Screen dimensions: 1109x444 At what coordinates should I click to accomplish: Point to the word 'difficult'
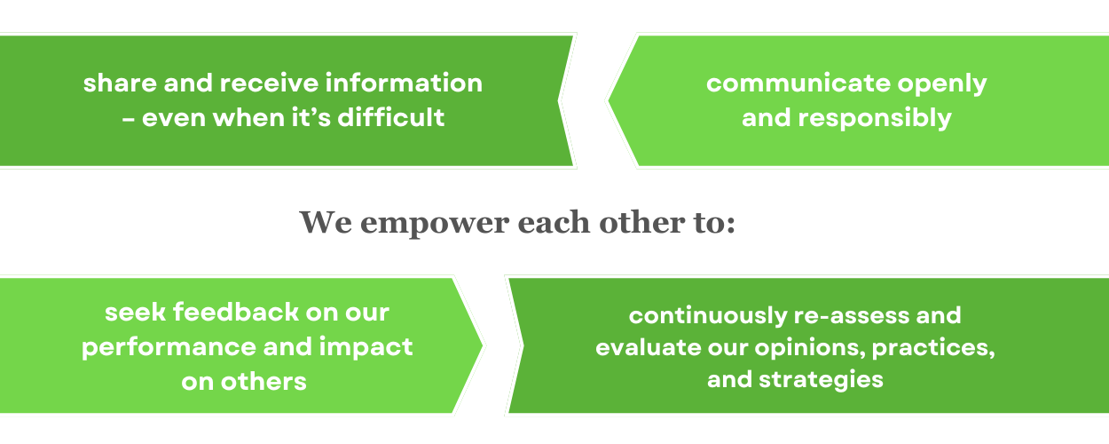[x=391, y=117]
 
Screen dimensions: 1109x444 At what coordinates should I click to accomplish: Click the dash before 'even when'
[x=129, y=119]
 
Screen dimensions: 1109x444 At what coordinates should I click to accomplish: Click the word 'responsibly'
[x=875, y=119]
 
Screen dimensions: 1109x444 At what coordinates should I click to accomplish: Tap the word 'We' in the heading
[x=326, y=222]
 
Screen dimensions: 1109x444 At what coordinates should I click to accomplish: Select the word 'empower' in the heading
[x=435, y=225]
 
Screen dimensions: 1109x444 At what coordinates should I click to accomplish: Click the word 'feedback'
[x=236, y=313]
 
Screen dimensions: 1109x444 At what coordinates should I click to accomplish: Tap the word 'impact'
[x=366, y=348]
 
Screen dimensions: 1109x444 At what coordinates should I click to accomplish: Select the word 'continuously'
[x=708, y=316]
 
